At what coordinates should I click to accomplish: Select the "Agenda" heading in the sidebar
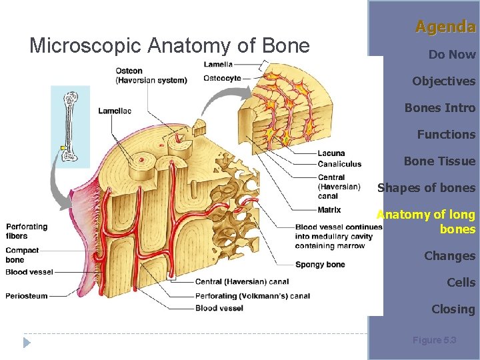tap(445, 27)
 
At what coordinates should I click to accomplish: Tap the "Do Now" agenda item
tap(452, 55)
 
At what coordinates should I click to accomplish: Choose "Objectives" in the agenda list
tap(443, 81)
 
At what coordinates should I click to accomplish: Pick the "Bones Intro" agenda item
tap(440, 108)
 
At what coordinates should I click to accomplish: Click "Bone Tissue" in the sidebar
tap(439, 161)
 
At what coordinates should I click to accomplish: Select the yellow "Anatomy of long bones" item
tap(427, 221)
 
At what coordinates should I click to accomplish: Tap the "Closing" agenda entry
tap(453, 309)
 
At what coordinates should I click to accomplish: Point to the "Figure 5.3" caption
tap(434, 340)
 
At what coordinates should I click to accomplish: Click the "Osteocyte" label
tap(222, 78)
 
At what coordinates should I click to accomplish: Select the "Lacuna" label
tap(331, 153)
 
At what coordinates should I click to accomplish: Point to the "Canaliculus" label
tap(339, 164)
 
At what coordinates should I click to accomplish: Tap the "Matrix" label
tap(329, 210)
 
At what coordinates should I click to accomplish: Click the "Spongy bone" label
tap(320, 265)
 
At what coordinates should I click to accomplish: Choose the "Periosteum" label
tap(27, 296)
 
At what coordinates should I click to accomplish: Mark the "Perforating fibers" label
tap(27, 231)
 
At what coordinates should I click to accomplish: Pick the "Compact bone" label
tap(23, 255)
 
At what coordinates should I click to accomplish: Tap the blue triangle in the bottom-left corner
tap(27, 343)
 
